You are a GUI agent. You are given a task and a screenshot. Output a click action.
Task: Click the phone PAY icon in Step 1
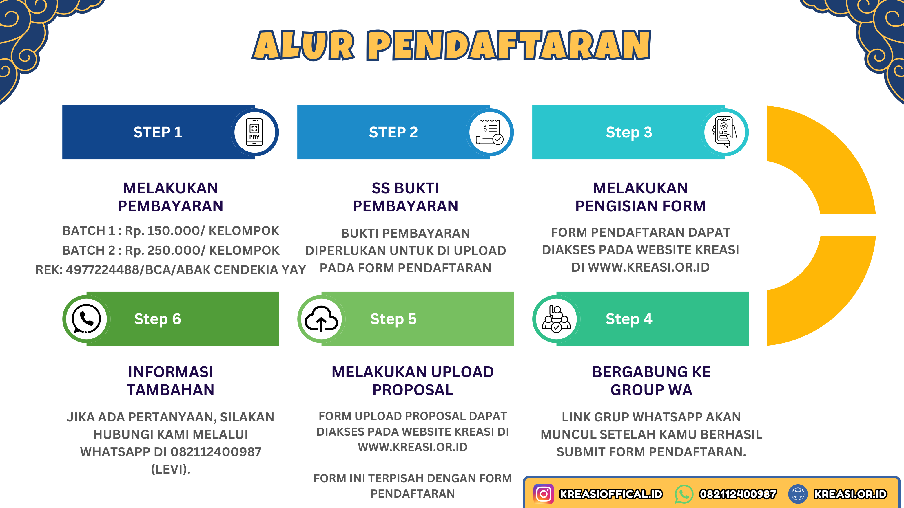254,132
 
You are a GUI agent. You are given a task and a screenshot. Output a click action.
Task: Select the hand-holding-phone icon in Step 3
725,132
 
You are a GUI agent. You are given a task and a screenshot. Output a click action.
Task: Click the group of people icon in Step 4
556,319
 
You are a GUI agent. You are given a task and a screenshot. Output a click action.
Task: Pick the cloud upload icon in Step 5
321,319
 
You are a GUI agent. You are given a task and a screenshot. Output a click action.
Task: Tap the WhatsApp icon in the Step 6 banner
86,319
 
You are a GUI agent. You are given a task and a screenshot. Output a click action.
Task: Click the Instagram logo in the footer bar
544,494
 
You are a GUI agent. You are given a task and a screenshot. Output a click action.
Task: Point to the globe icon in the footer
798,494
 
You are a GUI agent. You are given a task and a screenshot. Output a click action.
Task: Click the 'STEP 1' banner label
158,132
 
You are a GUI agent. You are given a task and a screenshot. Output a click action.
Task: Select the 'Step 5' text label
393,319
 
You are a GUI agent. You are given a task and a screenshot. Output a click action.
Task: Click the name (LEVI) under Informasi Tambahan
171,469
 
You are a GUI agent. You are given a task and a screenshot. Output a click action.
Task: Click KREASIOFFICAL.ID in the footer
611,494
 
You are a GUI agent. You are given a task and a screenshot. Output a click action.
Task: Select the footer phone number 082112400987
738,494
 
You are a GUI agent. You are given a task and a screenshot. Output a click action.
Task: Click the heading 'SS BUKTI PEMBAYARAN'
405,197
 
